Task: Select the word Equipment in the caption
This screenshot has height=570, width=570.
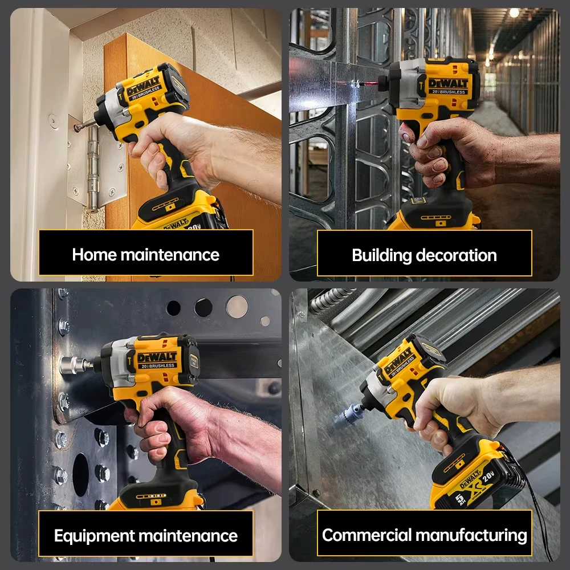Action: [95, 536]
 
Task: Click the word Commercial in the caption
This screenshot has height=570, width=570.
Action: [367, 535]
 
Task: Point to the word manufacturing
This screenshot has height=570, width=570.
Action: [471, 536]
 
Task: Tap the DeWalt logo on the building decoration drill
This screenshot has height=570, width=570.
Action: [448, 83]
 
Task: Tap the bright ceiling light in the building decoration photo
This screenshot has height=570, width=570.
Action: [514, 13]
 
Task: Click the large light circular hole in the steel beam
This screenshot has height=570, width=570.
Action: [237, 307]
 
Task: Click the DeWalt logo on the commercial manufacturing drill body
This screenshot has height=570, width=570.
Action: [399, 360]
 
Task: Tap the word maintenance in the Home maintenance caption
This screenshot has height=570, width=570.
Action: [170, 255]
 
